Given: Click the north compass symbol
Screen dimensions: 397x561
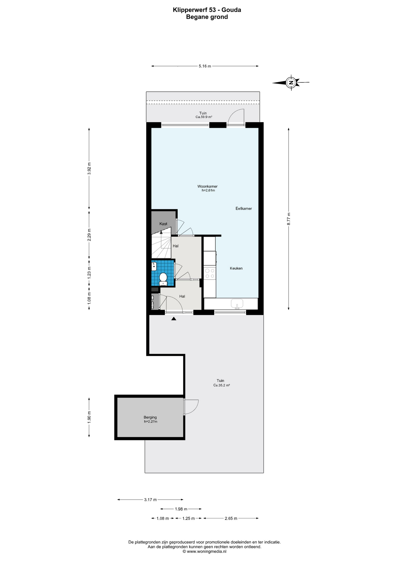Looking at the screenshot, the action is click(291, 83).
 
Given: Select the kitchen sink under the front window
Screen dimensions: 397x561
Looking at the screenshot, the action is click(237, 304).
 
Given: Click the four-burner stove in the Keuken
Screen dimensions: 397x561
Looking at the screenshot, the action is click(210, 273).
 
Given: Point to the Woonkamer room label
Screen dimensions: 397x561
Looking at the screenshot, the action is click(207, 186).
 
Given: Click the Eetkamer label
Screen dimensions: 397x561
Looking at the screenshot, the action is click(244, 209).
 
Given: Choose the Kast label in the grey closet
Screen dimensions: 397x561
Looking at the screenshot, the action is click(163, 224).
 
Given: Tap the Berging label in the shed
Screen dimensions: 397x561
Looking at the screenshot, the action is click(150, 417).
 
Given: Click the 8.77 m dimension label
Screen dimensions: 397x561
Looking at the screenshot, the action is click(289, 219).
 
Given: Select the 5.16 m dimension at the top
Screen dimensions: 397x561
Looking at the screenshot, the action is click(205, 66).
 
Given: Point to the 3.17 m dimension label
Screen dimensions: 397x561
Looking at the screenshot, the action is click(150, 500).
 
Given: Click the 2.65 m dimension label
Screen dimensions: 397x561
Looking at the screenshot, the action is click(231, 518).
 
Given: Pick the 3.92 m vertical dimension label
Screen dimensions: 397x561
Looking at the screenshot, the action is click(89, 168).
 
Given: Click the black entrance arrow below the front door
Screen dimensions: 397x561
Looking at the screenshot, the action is click(174, 319).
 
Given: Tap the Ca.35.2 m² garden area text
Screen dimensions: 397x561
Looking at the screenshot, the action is click(222, 385).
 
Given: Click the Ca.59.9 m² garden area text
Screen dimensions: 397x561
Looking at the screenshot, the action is click(204, 117).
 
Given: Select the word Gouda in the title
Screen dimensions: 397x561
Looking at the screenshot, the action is click(231, 10).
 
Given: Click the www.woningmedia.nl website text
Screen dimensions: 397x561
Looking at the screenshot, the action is click(207, 552).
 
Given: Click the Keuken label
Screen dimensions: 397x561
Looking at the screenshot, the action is click(236, 268).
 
